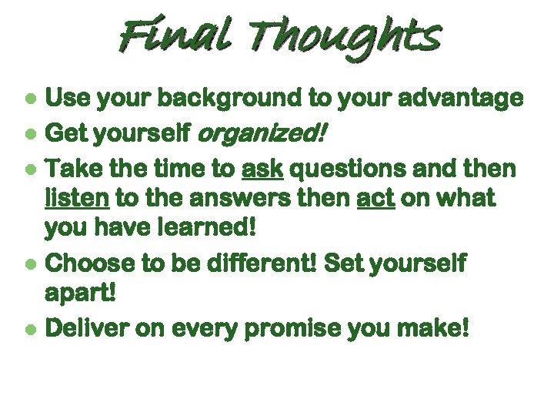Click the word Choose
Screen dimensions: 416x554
click(x=91, y=263)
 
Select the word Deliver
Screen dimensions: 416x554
click(x=88, y=328)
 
